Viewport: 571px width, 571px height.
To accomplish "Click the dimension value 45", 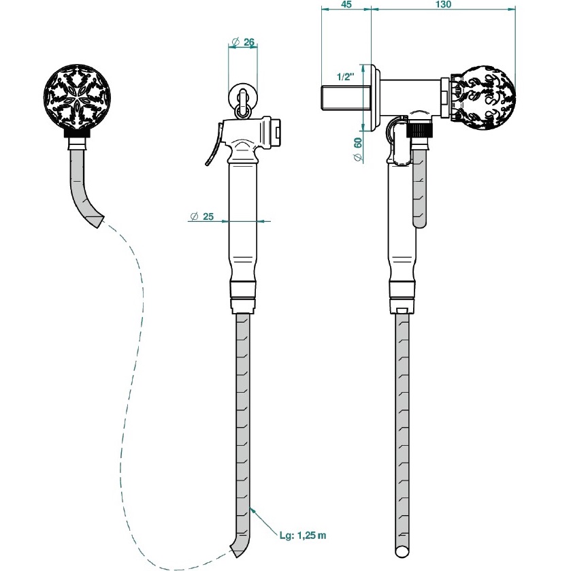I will point(346,5).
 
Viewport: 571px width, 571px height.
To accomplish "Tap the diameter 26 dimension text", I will point(243,42).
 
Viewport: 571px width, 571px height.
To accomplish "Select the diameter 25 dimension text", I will point(202,216).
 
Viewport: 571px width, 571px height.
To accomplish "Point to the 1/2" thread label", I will point(346,77).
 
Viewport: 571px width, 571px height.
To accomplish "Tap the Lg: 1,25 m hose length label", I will point(303,535).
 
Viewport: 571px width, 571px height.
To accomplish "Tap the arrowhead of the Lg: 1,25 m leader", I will point(252,508).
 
